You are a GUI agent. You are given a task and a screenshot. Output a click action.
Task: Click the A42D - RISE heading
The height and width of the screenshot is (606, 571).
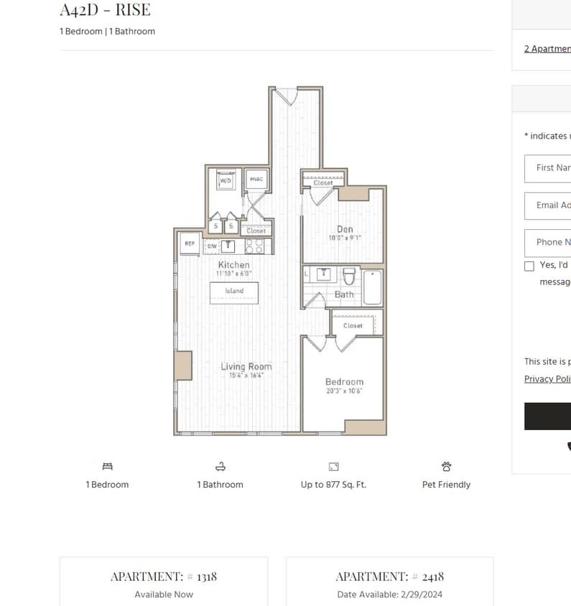(105, 11)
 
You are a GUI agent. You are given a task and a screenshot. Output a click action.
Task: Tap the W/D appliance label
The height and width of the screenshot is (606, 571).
(226, 180)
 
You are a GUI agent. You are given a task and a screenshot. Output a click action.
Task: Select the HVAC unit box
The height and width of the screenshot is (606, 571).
(256, 179)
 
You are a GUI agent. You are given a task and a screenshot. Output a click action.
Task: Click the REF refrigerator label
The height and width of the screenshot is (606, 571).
(190, 244)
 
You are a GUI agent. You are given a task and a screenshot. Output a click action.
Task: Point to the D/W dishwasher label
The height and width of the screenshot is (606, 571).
(212, 246)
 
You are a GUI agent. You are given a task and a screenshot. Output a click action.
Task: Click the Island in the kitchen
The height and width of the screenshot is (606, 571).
(234, 292)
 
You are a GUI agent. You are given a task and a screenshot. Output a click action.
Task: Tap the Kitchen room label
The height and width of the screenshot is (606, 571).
(234, 265)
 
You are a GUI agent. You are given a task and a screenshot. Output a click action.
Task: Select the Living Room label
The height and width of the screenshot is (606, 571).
(246, 367)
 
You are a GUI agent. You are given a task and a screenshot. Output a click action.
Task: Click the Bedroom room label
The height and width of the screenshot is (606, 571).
(344, 382)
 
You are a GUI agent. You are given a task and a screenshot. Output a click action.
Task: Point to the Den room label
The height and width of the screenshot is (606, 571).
(345, 230)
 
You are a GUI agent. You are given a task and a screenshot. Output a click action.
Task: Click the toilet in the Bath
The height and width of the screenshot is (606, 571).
(349, 276)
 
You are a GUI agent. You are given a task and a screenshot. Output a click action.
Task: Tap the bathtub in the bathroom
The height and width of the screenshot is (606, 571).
(373, 286)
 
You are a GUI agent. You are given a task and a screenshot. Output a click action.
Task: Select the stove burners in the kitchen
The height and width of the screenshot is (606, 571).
(254, 246)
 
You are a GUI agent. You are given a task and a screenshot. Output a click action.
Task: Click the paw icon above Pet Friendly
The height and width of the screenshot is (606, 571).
(446, 467)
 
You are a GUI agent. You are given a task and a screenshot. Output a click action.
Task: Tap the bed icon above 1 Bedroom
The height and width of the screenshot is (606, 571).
(107, 467)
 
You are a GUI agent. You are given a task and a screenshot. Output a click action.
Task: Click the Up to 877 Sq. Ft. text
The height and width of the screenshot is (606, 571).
(333, 485)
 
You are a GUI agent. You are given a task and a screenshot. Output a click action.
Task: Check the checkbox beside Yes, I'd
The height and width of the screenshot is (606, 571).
(529, 266)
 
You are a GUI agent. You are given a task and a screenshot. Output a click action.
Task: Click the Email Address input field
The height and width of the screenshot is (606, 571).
(550, 205)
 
